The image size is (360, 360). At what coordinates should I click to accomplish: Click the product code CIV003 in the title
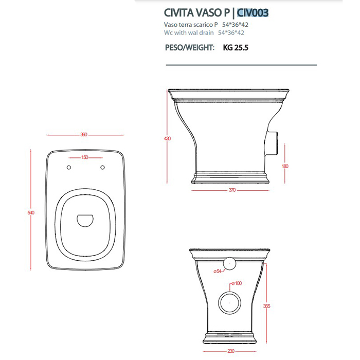(253, 13)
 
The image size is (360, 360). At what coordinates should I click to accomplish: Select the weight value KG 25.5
(236, 47)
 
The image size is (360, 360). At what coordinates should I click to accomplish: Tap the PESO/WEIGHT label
(190, 47)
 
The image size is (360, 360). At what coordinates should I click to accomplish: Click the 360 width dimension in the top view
(84, 135)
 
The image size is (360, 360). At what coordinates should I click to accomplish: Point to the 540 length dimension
(31, 212)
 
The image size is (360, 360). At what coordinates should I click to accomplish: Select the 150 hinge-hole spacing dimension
(85, 157)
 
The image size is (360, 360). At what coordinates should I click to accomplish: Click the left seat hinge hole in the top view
(68, 167)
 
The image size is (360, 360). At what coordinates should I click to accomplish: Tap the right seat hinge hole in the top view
(103, 167)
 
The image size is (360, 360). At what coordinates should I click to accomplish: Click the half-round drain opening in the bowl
(85, 221)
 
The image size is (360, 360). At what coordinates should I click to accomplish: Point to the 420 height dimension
(167, 138)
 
